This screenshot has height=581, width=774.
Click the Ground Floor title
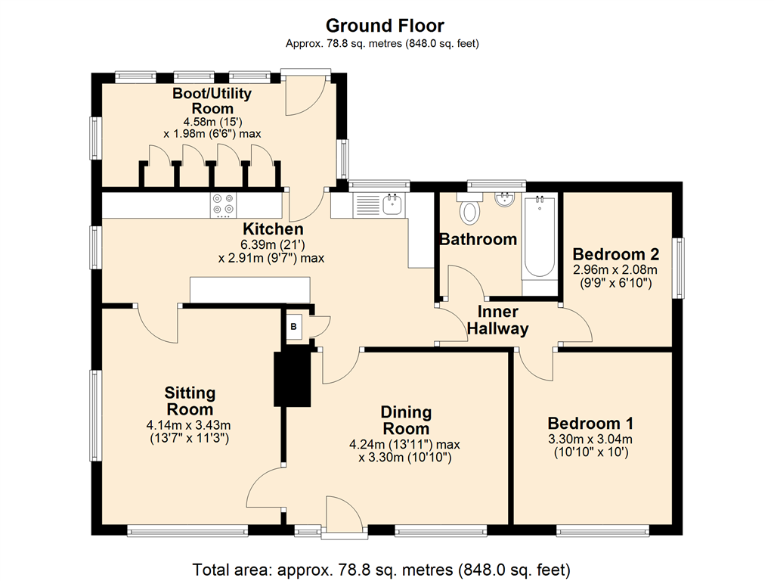385,25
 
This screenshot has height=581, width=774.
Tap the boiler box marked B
294,327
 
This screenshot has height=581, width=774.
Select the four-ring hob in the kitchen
223,205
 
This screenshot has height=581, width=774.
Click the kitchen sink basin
392,204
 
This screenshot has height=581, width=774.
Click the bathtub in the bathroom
540,237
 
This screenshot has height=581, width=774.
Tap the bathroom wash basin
504,199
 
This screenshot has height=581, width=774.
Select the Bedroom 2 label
615,254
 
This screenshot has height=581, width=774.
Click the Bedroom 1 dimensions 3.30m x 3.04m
590,439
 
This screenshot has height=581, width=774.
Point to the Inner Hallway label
497,320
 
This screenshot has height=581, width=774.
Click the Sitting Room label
190,401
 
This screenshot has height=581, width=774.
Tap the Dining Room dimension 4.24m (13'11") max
405,444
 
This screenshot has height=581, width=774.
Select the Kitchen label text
273,228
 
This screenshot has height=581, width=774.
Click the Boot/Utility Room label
212,101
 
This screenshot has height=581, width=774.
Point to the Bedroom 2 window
680,269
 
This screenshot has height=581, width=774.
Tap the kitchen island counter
250,290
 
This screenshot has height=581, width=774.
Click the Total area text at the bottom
381,570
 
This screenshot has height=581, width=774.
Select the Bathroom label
478,239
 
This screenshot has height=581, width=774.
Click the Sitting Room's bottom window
187,532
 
